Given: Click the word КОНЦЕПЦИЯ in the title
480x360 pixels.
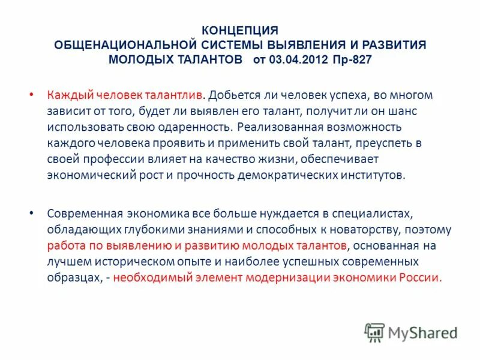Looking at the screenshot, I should click(x=239, y=30).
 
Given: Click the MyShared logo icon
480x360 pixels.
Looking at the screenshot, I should click(x=374, y=332).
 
